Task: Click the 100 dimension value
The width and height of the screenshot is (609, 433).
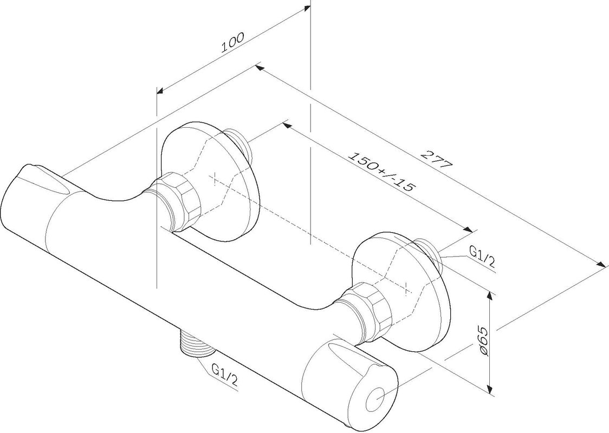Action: pyautogui.click(x=232, y=42)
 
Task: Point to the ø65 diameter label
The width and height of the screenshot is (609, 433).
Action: pyautogui.click(x=483, y=340)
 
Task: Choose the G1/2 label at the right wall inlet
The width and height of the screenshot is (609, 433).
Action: pyautogui.click(x=482, y=257)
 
